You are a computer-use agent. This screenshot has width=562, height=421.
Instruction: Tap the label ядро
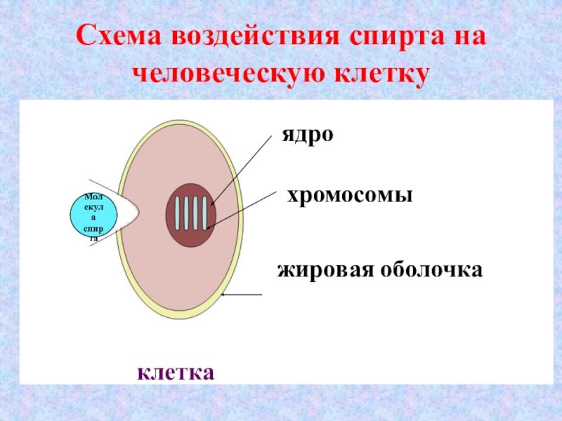[x=308, y=134]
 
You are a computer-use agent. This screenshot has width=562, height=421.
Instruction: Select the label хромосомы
[x=348, y=196]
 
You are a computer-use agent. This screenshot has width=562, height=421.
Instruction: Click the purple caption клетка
[x=176, y=370]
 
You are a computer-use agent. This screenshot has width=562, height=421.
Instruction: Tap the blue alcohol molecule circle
[x=95, y=217]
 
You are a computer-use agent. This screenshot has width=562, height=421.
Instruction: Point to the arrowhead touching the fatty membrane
[x=224, y=295]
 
